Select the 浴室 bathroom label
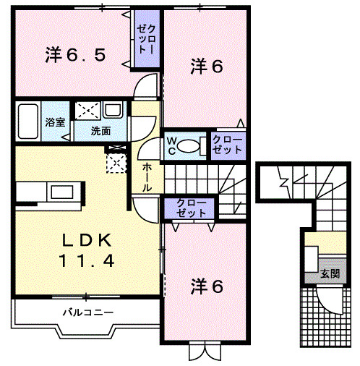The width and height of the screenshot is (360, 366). click(56, 122)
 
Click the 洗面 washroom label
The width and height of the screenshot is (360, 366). click(100, 132)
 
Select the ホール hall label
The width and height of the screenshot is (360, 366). click(147, 176)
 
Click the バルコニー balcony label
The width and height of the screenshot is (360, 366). click(86, 312)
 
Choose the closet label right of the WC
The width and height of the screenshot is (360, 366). click(228, 145)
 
